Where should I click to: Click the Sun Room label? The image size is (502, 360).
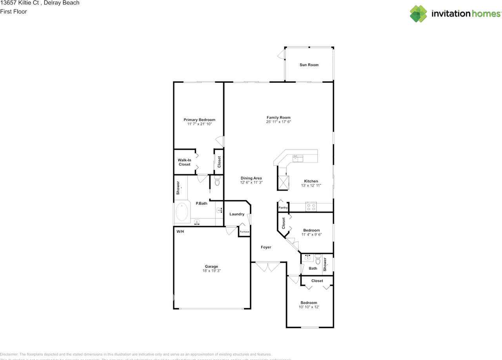tap(309, 65)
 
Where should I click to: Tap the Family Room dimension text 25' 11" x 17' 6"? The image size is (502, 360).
tap(278, 122)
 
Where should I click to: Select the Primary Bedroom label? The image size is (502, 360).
tap(199, 120)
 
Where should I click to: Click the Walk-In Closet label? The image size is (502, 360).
tap(184, 162)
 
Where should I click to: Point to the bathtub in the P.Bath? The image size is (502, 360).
tap(182, 212)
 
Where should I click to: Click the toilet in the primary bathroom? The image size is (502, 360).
tap(217, 181)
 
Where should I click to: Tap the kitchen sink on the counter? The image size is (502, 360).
tap(298, 158)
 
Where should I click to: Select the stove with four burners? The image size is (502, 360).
tap(311, 207)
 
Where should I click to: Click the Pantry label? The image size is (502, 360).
tap(283, 207)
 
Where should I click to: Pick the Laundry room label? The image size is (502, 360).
tap(237, 214)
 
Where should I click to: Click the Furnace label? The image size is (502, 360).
tap(244, 232)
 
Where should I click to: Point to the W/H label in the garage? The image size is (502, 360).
tap(180, 232)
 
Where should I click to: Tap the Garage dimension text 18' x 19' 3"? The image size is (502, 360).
tap(211, 271)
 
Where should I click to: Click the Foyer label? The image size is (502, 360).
tap(266, 247)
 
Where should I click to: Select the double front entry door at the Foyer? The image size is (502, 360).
tap(268, 267)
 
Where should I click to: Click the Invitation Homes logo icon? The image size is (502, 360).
tap(418, 14)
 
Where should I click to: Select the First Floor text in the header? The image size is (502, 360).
tap(14, 11)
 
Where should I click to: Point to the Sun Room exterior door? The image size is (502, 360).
tap(281, 55)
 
